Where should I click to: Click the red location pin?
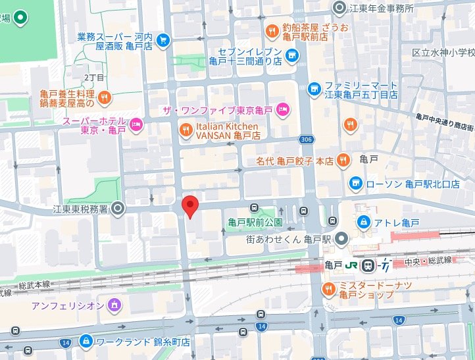click(x=189, y=207)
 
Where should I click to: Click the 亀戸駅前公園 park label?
click(x=255, y=222)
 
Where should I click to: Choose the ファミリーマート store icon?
click(x=315, y=88)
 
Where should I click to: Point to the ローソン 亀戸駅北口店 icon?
click(x=355, y=182)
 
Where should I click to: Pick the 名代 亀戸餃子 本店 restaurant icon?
click(x=342, y=159)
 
